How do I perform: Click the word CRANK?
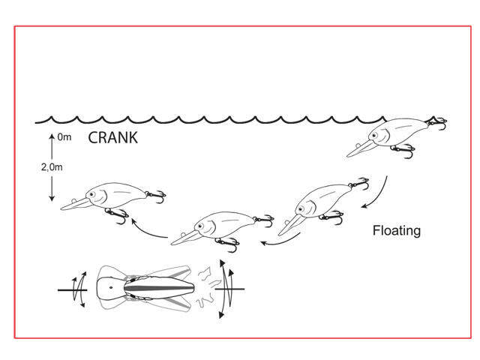[x=112, y=138]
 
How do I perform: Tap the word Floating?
[x=397, y=230]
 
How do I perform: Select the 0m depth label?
[x=64, y=136]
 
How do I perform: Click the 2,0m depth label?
[x=52, y=166]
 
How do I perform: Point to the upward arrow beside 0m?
[x=52, y=146]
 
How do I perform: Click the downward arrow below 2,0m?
[x=52, y=188]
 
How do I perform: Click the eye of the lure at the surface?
[x=373, y=135]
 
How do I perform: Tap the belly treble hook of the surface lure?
[x=403, y=151]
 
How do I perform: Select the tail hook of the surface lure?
[x=437, y=122]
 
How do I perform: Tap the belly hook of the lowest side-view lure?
[x=228, y=244]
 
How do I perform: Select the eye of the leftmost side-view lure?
[x=91, y=193]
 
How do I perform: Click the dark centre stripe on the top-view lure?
[x=159, y=288]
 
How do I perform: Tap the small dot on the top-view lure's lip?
[x=111, y=287]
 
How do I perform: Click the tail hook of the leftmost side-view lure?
[x=157, y=196]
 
